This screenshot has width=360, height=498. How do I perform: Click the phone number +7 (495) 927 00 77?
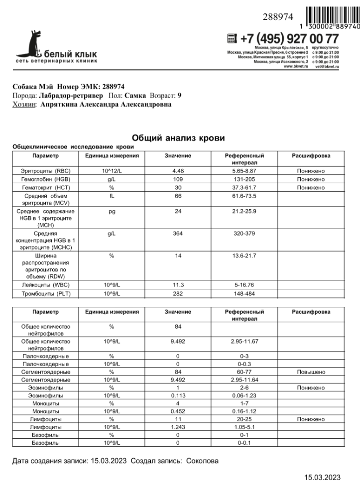(x=289, y=38)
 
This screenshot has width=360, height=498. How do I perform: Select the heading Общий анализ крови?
(x=178, y=137)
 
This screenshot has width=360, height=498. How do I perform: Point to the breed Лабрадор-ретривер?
(x=70, y=95)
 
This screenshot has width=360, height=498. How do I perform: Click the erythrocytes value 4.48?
(x=178, y=171)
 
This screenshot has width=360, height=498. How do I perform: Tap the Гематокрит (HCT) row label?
(x=46, y=188)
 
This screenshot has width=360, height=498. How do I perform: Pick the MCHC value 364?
(x=178, y=234)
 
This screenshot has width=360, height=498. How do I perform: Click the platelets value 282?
(x=178, y=294)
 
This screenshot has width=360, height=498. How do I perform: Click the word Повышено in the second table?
(x=311, y=372)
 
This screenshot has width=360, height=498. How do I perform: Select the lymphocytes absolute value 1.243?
(x=178, y=427)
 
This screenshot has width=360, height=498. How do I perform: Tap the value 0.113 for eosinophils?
(x=178, y=395)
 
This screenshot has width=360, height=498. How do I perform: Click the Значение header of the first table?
(x=178, y=156)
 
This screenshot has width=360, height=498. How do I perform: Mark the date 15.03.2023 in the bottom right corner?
(x=322, y=478)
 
